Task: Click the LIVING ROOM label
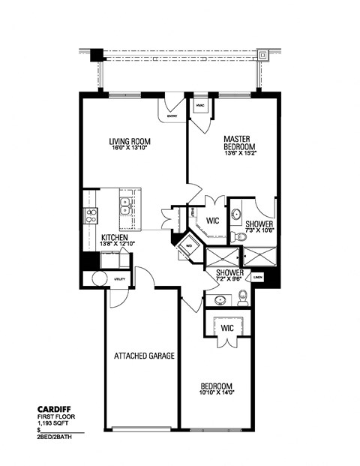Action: point(130,140)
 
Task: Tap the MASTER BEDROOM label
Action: point(240,143)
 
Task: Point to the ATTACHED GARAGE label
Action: point(144,356)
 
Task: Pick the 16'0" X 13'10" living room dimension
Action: point(130,147)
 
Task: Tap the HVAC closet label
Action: point(199,105)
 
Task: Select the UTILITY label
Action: point(120,278)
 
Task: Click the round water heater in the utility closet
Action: point(100,279)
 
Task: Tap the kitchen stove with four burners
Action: point(92,216)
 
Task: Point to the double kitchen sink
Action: point(125,203)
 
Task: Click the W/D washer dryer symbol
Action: point(188,247)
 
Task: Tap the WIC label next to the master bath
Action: point(212,221)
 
